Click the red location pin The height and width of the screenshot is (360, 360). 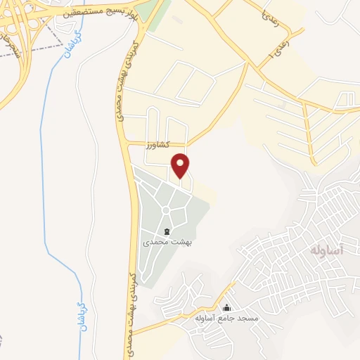pos(181,165)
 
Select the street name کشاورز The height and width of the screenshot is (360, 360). pos(159,145)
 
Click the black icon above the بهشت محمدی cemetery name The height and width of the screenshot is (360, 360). pos(167,231)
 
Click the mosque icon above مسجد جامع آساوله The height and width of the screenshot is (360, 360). pos(226,308)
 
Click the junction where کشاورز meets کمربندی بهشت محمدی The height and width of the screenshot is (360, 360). pos(129,144)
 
